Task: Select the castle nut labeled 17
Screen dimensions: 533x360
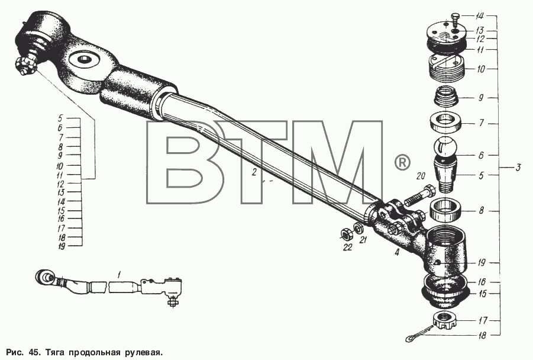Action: click(x=445, y=320)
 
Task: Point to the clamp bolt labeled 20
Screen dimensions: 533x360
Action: click(x=418, y=195)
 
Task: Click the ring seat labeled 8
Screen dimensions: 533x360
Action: click(x=445, y=210)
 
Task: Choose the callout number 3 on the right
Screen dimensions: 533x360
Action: click(x=518, y=168)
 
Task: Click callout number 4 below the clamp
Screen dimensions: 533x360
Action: click(x=397, y=252)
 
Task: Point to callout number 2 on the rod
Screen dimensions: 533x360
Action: click(x=254, y=172)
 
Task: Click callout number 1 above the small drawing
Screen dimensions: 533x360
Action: click(x=119, y=274)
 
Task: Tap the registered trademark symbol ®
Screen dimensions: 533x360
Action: click(x=402, y=163)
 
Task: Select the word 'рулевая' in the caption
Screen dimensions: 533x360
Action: click(x=142, y=352)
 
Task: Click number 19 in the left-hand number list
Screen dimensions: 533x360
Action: click(x=61, y=246)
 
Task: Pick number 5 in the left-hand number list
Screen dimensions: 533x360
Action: click(x=60, y=118)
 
